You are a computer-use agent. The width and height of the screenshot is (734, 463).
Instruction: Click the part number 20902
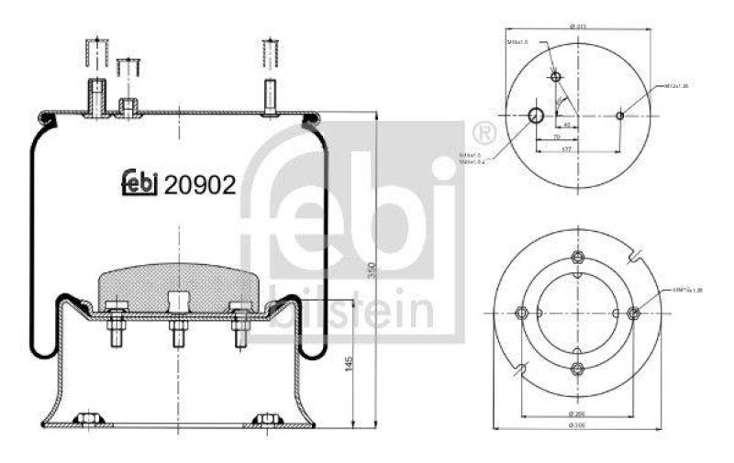tap(201, 184)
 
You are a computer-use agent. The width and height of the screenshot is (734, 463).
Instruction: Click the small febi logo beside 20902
tap(140, 184)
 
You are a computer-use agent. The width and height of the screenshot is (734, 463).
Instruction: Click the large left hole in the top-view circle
tap(537, 115)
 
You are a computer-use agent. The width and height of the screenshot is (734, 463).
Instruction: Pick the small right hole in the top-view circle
tap(620, 115)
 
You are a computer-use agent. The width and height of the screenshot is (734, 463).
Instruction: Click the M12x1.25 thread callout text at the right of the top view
tap(678, 86)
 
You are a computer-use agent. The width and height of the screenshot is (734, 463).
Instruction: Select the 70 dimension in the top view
tap(557, 136)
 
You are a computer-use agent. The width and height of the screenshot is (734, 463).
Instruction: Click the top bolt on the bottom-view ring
tap(577, 257)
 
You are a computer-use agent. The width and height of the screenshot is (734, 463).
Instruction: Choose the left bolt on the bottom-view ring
tap(521, 312)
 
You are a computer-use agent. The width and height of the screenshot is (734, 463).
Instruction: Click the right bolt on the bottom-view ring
tap(633, 312)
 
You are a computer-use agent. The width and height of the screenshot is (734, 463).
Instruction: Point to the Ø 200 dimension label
tap(576, 414)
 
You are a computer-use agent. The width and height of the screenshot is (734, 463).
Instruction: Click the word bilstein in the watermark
tap(353, 311)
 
